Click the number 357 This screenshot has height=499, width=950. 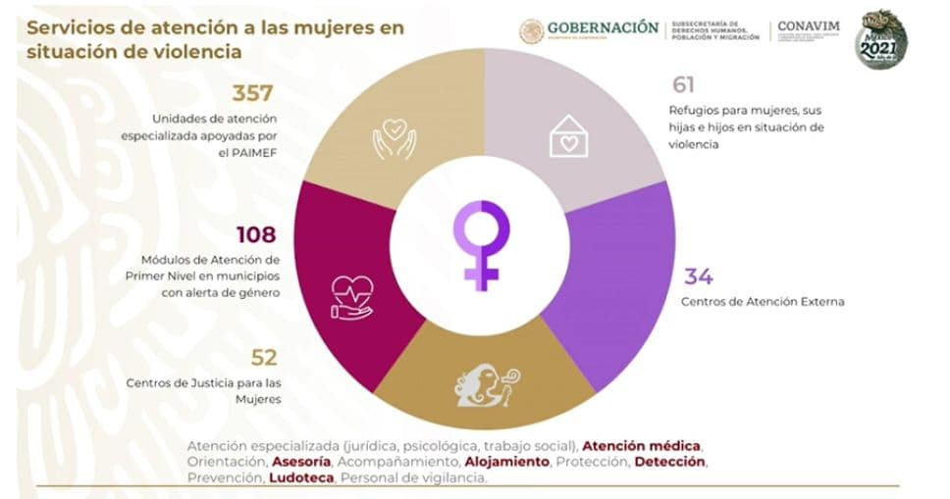[253, 94]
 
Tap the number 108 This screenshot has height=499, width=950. [256, 234]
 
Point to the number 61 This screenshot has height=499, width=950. [684, 85]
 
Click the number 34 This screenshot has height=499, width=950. [698, 276]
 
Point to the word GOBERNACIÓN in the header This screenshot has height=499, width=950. [603, 28]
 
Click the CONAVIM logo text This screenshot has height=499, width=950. [808, 26]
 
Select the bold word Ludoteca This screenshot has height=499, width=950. [301, 477]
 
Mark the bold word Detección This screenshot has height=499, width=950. [669, 461]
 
